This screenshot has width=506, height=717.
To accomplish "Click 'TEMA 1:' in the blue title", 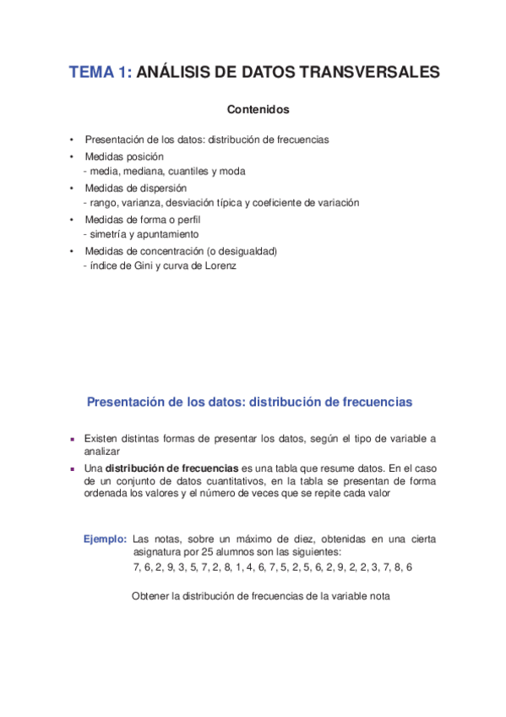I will (100, 73).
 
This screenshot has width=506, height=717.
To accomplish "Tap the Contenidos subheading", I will (258, 110).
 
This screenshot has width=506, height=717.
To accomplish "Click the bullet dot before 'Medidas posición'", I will (73, 157).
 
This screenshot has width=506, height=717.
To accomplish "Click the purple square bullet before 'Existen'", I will (73, 439).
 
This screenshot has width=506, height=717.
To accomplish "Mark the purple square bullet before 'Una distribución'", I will (73, 468).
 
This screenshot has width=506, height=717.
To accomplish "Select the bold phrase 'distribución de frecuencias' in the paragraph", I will (172, 468).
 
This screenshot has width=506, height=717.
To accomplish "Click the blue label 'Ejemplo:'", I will (106, 539).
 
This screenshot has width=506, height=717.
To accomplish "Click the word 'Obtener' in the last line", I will (150, 596).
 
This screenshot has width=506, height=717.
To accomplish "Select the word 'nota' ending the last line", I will (378, 596).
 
